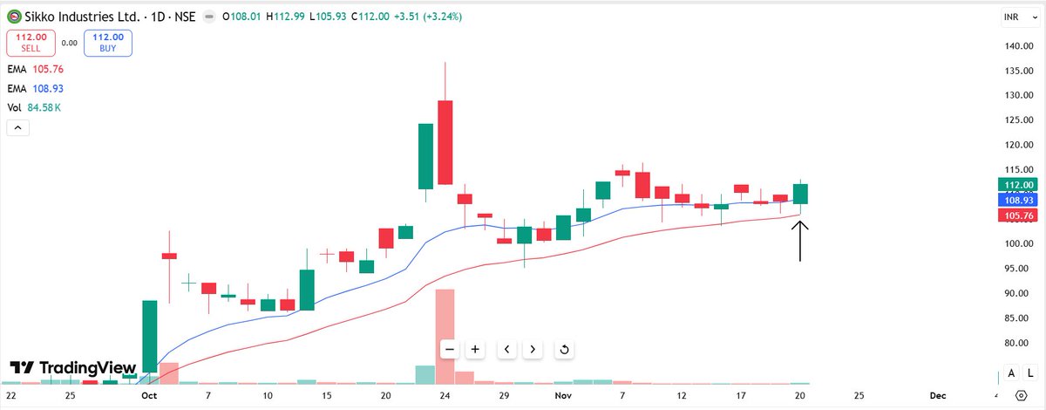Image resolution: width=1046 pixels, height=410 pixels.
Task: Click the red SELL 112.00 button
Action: (x=31, y=43)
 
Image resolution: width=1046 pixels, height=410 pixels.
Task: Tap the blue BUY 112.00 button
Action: (x=108, y=43)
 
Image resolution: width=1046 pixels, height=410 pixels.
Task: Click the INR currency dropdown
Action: (x=1012, y=17)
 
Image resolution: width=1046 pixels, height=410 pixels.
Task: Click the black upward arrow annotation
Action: (x=800, y=241)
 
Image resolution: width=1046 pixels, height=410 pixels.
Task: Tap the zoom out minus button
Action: (x=450, y=350)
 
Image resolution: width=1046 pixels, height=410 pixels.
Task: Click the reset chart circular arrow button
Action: (x=564, y=350)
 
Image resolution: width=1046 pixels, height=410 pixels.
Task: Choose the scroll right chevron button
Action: (x=533, y=350)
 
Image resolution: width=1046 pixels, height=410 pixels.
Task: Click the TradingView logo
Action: (x=73, y=368)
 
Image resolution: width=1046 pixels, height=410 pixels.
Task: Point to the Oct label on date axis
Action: (x=149, y=395)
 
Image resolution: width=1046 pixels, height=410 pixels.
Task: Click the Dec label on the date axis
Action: (x=937, y=395)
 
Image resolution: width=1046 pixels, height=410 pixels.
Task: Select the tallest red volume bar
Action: (x=445, y=336)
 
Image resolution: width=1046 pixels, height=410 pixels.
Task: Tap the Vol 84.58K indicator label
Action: (x=35, y=107)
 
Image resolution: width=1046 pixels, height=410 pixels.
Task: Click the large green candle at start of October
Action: (x=149, y=336)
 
